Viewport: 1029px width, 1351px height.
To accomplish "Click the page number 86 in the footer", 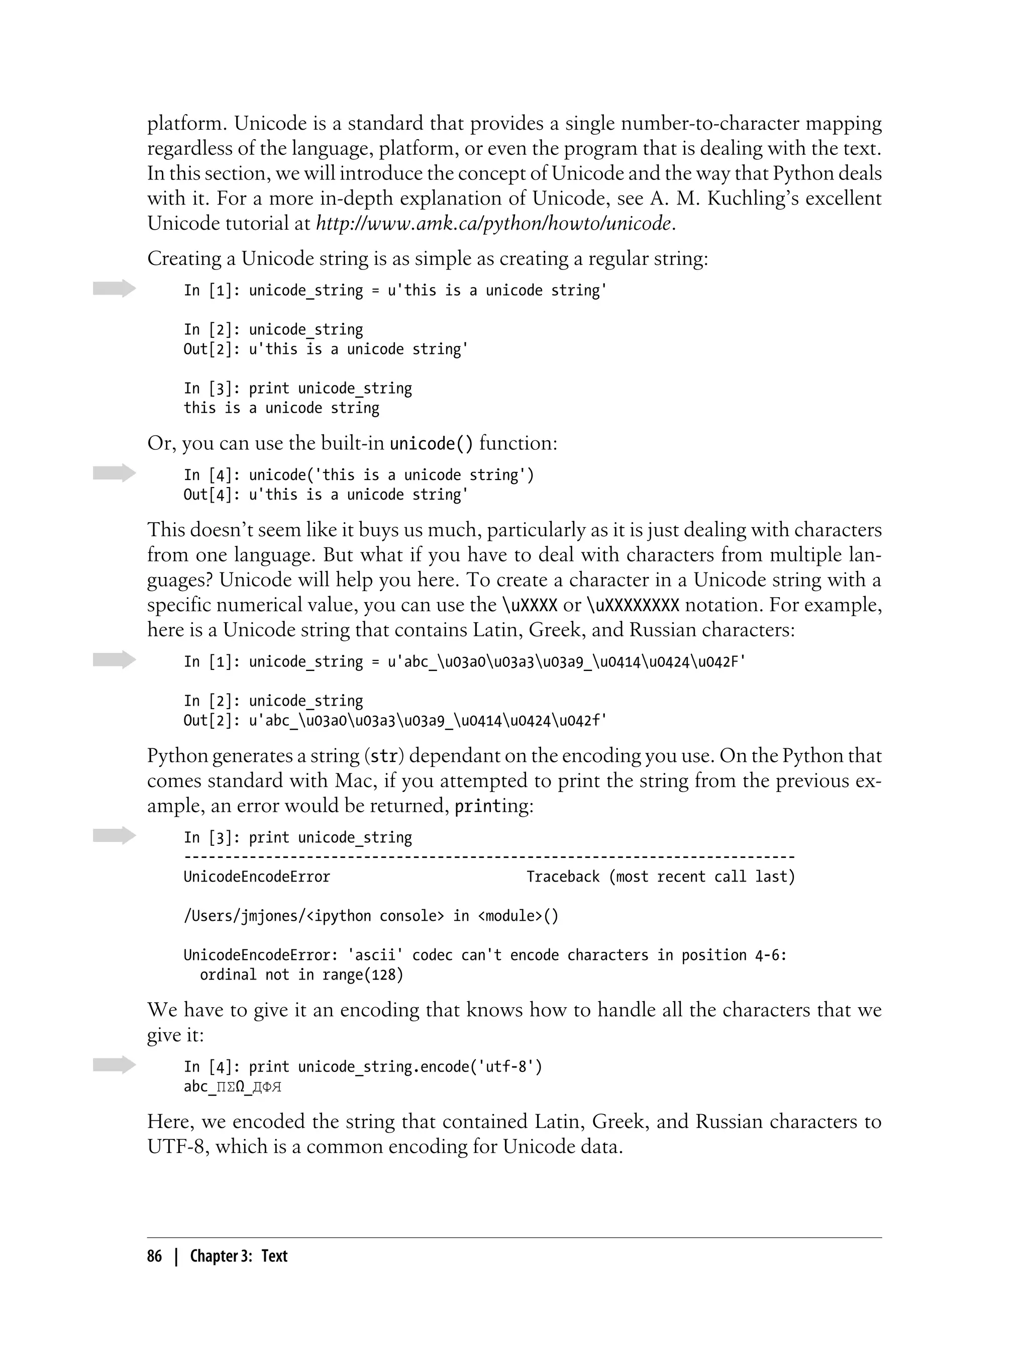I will tap(154, 1257).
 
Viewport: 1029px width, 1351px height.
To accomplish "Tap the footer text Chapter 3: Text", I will tap(238, 1257).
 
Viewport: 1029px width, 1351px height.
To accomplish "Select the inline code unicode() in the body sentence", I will tap(431, 443).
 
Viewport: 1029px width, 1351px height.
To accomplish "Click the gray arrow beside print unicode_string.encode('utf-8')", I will tap(114, 1066).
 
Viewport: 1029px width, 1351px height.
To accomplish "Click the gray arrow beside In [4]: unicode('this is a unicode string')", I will tap(114, 473).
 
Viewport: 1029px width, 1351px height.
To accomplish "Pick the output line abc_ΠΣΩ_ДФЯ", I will tap(232, 1087).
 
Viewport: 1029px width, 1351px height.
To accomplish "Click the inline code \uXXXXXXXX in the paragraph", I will tap(633, 605).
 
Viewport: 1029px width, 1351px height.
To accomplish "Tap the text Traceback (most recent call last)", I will tap(660, 877).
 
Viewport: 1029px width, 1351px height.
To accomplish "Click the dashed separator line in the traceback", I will tap(489, 857).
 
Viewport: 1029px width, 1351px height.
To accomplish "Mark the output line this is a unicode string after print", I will tap(281, 408).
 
